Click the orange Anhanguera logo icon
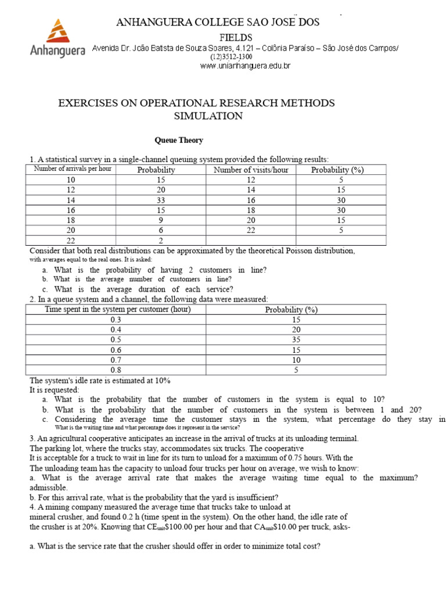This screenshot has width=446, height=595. click(x=56, y=32)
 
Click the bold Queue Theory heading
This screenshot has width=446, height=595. click(x=178, y=140)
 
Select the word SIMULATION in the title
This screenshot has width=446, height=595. click(x=208, y=116)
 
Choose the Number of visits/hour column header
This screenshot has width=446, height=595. click(x=251, y=170)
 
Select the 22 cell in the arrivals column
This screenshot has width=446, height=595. click(x=71, y=241)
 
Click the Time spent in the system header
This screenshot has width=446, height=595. click(x=117, y=309)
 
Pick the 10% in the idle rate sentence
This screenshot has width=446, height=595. click(x=161, y=380)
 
